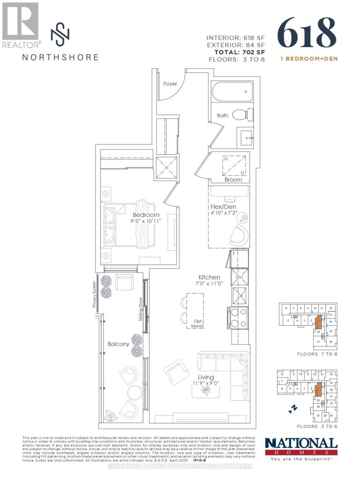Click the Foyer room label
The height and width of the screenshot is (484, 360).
tap(170, 84)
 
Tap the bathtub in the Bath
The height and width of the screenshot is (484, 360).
tap(231, 93)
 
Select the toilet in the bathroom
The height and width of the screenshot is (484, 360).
tap(246, 115)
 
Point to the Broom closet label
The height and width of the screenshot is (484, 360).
tap(233, 179)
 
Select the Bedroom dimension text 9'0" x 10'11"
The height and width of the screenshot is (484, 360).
tap(146, 222)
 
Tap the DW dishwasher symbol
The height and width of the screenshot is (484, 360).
tap(239, 277)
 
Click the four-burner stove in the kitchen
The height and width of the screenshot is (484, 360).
tap(238, 317)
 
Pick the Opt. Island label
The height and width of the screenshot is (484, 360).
tap(197, 323)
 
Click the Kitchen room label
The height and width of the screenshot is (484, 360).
tap(209, 277)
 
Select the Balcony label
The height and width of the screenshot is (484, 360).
tap(118, 344)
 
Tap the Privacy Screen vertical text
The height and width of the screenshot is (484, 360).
tap(94, 294)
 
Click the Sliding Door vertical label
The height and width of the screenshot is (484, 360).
tap(141, 309)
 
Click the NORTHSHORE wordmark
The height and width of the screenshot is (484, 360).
tap(60, 57)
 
